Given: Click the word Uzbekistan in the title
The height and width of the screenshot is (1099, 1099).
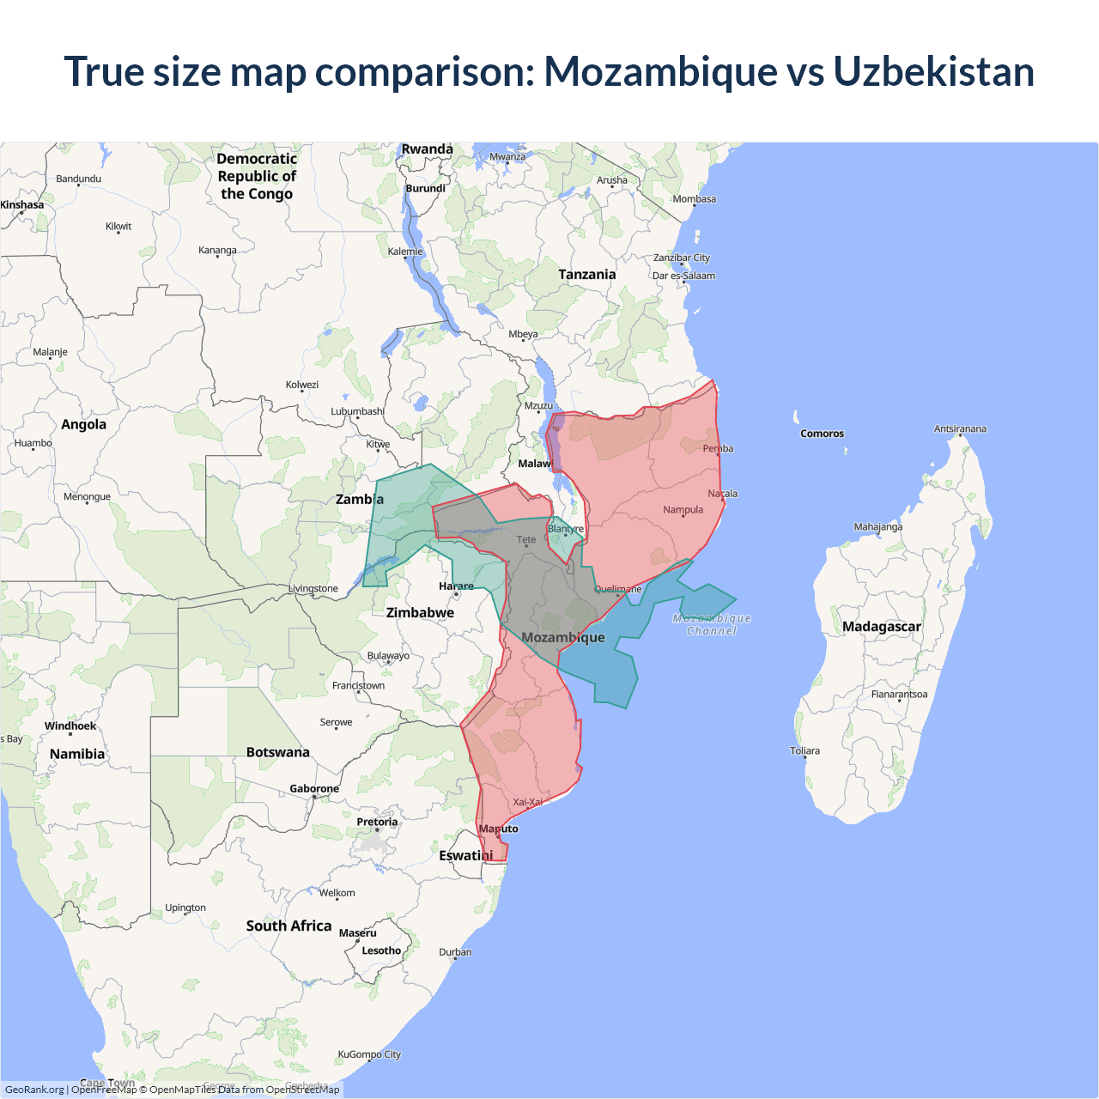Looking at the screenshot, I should [x=933, y=71].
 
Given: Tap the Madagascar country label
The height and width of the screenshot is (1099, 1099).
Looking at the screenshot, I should [x=881, y=627].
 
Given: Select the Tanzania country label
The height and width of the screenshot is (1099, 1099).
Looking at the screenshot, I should [x=586, y=275].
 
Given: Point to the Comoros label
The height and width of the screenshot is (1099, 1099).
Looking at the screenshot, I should [x=822, y=434].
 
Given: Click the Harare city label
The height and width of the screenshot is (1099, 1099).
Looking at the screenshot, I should [x=456, y=586].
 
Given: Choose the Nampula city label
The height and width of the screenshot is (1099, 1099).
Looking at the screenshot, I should [x=683, y=510].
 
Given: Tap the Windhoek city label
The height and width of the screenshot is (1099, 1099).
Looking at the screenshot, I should [x=70, y=726].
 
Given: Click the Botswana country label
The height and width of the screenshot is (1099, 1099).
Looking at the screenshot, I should [x=277, y=752].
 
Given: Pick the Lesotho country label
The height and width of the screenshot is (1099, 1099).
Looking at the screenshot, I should [x=381, y=950].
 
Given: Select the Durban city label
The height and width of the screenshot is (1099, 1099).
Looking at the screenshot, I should [x=455, y=952].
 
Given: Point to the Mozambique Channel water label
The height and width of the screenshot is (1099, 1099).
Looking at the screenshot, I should [x=712, y=624].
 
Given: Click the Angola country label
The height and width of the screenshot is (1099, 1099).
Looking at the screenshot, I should [x=83, y=424].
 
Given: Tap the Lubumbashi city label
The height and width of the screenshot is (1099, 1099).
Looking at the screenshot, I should [x=357, y=411].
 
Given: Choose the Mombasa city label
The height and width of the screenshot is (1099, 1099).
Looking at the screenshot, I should [x=694, y=199].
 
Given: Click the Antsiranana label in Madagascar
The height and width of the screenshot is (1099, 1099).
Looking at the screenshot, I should [x=960, y=428].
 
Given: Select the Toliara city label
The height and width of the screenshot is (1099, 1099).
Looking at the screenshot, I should [x=805, y=751].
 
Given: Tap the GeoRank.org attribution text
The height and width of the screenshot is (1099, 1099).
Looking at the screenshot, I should [x=34, y=1090].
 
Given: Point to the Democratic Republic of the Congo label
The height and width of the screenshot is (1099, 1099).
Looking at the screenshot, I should [x=257, y=176].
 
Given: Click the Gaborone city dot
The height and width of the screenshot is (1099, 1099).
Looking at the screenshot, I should [x=314, y=797].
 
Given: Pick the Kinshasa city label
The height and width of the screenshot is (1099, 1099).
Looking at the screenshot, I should [x=22, y=205].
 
